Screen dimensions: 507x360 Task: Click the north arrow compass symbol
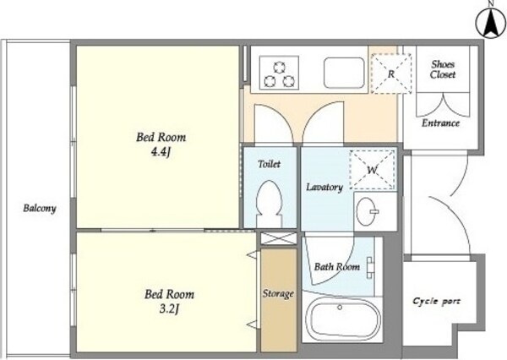[491, 22]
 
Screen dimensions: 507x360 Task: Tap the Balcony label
[40, 208]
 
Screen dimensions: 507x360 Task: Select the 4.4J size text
[161, 151]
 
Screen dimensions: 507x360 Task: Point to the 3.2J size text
[169, 309]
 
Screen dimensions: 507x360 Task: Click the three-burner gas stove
[279, 72]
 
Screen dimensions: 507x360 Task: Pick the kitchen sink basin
[344, 73]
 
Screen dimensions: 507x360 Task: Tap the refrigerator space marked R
[391, 74]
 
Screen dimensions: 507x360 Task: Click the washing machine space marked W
[372, 170]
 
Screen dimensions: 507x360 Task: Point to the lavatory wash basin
[366, 211]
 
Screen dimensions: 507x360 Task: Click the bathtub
[342, 319]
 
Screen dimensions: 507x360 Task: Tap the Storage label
[278, 294]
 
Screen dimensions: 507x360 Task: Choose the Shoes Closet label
[443, 69]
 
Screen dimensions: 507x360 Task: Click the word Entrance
[440, 123]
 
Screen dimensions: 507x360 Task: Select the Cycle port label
[436, 301]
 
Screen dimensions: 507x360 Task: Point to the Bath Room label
[337, 267]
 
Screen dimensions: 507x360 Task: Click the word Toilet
[269, 164]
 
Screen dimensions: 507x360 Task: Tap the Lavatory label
[324, 188]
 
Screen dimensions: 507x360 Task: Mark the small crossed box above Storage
[278, 238]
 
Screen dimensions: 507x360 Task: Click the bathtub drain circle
[340, 307]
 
